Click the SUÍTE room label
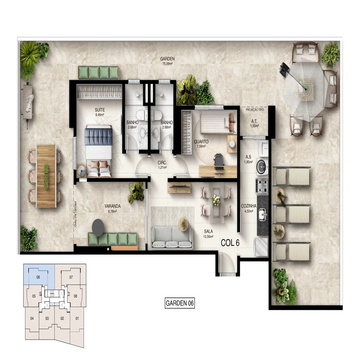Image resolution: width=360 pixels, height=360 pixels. click(100, 110)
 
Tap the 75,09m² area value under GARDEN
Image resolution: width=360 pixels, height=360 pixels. click(167, 64)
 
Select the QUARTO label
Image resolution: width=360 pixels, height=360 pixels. click(201, 141)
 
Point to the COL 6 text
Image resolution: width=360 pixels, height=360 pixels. click(230, 243)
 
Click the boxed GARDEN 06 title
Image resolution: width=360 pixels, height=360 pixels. click(180, 303)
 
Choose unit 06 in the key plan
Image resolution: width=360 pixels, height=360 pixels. click(38, 277)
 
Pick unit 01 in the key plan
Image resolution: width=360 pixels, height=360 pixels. click(77, 318)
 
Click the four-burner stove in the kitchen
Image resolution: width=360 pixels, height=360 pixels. click(262, 186)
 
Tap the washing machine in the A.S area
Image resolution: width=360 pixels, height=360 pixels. click(261, 166)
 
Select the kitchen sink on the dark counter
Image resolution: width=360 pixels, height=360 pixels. click(263, 215)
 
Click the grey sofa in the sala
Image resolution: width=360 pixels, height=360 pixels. click(172, 237)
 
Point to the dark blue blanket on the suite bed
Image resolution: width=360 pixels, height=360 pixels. click(99, 136)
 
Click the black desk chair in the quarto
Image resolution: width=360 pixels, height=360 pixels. click(219, 162)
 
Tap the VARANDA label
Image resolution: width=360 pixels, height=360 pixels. click(112, 206)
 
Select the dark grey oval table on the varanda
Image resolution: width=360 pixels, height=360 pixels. click(98, 228)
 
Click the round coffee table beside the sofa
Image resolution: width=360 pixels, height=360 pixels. click(184, 224)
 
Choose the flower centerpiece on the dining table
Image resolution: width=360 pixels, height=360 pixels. click(216, 200)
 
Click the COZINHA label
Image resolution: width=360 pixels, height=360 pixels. click(249, 206)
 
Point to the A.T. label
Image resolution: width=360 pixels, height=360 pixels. click(254, 121)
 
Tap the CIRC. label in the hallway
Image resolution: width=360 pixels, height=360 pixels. click(162, 163)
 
